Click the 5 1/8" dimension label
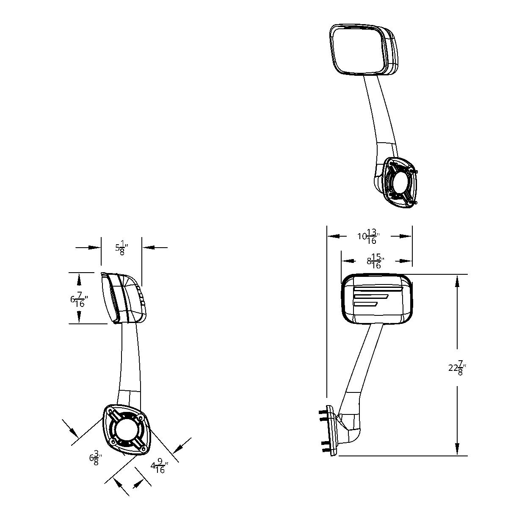tap(121, 248)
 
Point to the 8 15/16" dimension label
tap(375, 262)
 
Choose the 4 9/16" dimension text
tap(159, 467)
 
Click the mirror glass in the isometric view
tap(358, 50)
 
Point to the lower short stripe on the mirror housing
tap(366, 303)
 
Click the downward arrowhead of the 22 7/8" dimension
tap(458, 449)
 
